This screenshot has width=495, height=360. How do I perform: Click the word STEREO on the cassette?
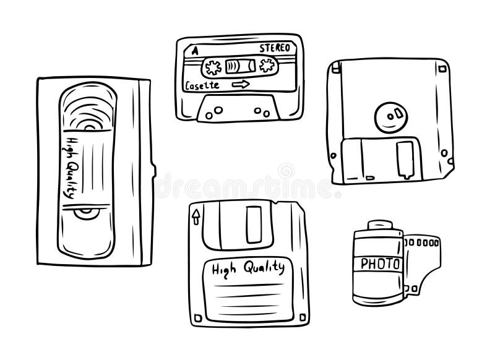pyautogui.click(x=275, y=48)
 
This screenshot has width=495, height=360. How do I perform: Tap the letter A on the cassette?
pyautogui.click(x=195, y=51)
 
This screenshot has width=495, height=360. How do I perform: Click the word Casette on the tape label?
pyautogui.click(x=202, y=85)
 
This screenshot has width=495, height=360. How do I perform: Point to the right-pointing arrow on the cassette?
pyautogui.click(x=241, y=84)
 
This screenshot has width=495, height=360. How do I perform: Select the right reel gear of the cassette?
pyautogui.click(x=267, y=66)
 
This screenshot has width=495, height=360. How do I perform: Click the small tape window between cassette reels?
pyautogui.click(x=240, y=66)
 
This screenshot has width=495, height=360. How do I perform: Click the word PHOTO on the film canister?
pyautogui.click(x=380, y=264)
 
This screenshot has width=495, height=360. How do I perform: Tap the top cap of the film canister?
pyautogui.click(x=380, y=225)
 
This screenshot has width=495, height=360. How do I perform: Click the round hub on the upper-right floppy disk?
pyautogui.click(x=391, y=117)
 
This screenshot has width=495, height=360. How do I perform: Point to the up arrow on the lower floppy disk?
pyautogui.click(x=196, y=216)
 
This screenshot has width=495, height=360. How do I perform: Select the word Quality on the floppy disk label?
pyautogui.click(x=264, y=267)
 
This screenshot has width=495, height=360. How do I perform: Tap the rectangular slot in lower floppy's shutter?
pyautogui.click(x=254, y=225)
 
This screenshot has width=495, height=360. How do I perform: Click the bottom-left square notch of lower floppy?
pyautogui.click(x=198, y=317)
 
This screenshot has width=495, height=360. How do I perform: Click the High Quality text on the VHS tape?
pyautogui.click(x=71, y=168)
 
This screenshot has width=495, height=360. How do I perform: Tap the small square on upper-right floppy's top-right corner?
pyautogui.click(x=442, y=69)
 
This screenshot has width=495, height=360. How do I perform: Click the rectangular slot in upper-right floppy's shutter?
pyautogui.click(x=405, y=160)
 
